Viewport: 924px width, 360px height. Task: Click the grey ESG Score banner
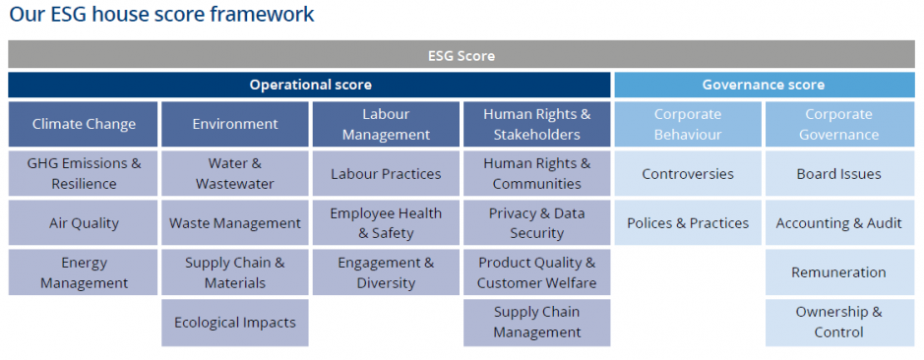(x=462, y=55)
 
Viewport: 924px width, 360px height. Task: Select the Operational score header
(x=309, y=85)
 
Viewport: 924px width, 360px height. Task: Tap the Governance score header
(x=765, y=85)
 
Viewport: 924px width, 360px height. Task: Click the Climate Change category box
(x=83, y=124)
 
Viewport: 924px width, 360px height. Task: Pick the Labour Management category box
(x=386, y=124)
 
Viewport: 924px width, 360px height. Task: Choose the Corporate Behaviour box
(x=688, y=124)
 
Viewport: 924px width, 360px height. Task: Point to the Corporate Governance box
(x=839, y=124)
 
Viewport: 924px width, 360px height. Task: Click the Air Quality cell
(x=83, y=222)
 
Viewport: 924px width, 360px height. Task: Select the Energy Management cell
(x=83, y=272)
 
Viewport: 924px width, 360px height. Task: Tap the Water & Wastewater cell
(x=235, y=173)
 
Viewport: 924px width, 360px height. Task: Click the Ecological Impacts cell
(x=235, y=323)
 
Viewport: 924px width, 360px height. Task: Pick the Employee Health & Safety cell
(x=386, y=222)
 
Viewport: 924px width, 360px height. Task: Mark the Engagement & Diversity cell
(x=386, y=272)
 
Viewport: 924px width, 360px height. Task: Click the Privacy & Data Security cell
(x=537, y=222)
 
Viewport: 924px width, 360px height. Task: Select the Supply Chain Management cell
(x=537, y=323)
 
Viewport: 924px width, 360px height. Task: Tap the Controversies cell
(x=688, y=173)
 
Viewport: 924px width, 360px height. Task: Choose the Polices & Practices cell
(x=688, y=222)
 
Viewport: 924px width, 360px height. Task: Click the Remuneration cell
(x=839, y=272)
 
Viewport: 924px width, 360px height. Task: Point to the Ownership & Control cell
(x=839, y=323)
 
